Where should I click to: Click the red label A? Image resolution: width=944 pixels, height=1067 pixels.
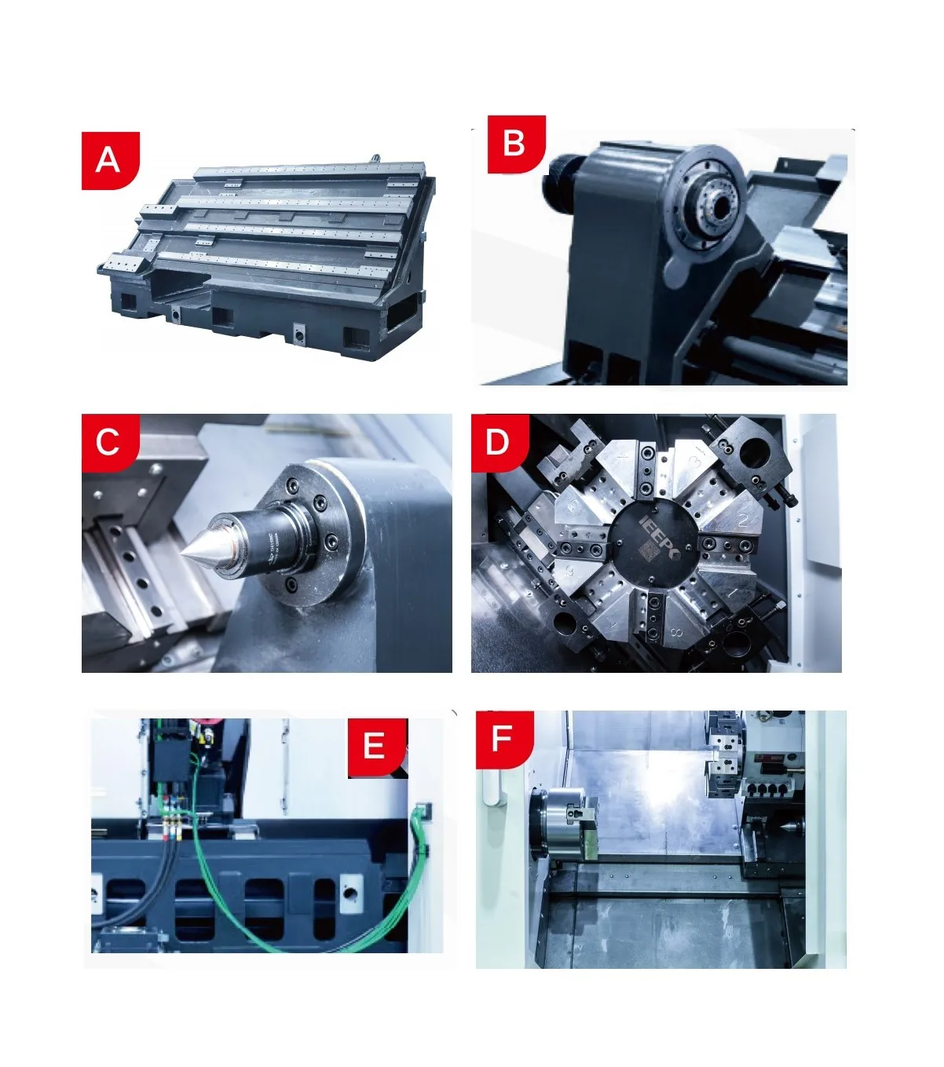point(109,160)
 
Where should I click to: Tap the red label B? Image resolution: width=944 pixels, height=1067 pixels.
point(515,144)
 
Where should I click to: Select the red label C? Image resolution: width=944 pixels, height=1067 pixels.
point(108,442)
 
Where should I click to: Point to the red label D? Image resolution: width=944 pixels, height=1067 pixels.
point(498,442)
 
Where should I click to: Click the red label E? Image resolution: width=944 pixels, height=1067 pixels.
point(375,746)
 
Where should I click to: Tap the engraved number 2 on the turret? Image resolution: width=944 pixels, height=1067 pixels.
point(742,519)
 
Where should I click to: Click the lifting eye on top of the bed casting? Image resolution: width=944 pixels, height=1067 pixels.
point(375,158)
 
